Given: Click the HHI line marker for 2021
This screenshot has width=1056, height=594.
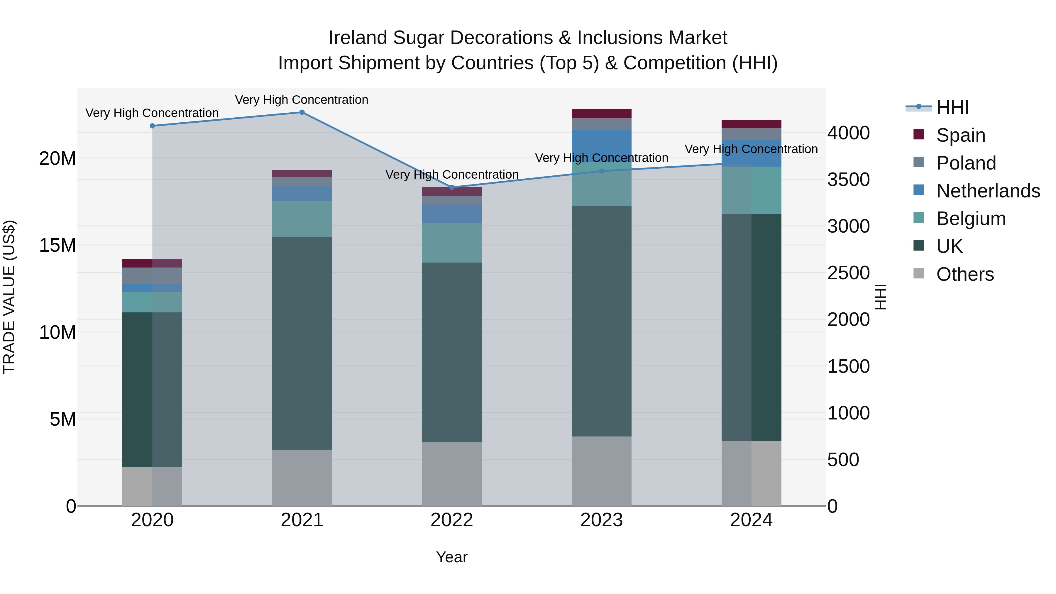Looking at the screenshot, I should (x=302, y=112).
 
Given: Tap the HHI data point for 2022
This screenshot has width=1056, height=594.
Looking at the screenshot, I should (x=452, y=187).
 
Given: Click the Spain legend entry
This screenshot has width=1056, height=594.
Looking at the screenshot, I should (x=960, y=135).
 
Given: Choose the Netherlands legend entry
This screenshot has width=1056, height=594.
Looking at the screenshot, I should (x=988, y=191).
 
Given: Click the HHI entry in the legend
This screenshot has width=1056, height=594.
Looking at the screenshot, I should (x=952, y=107).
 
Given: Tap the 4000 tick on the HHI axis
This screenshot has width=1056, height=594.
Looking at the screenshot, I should (x=848, y=133).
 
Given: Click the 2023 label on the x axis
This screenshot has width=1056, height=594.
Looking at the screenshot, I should (x=601, y=520).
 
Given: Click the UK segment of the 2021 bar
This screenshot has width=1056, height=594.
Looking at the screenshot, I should (x=302, y=343).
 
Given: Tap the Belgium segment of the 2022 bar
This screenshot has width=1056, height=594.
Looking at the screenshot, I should (x=452, y=243).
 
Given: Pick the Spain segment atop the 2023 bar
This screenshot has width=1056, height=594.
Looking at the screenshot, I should (x=601, y=114).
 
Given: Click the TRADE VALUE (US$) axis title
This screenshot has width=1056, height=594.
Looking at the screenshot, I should (x=9, y=297).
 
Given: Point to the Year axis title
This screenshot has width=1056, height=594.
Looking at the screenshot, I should (x=452, y=557).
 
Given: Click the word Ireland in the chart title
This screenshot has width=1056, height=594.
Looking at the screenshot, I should (x=358, y=38).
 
